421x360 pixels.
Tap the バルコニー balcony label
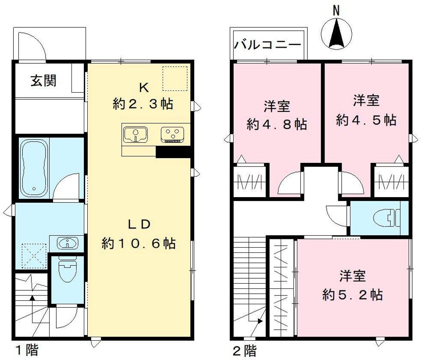(267, 45)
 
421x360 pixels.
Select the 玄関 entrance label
(43, 81)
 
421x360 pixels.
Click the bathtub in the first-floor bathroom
(33, 168)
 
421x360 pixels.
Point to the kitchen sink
(137, 134)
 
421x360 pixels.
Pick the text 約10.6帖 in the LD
(139, 243)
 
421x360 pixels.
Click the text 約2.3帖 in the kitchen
(143, 104)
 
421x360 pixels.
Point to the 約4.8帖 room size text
(276, 124)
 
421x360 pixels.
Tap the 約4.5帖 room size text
(366, 120)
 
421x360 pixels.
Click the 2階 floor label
(244, 350)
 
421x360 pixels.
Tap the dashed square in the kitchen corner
(175, 78)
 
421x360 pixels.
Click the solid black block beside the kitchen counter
(173, 151)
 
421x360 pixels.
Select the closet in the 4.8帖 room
(250, 181)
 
